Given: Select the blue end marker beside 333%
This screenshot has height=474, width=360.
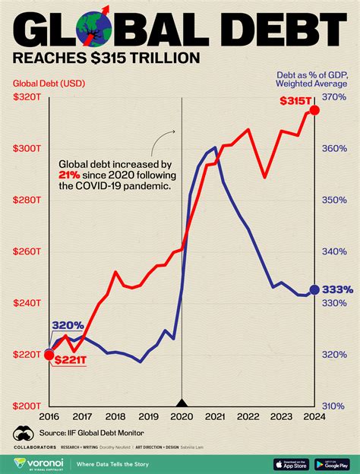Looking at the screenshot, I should coord(315,289).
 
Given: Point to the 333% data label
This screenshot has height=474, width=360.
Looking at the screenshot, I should coord(337,289).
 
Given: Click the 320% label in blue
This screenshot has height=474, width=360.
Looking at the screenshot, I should coord(68,326).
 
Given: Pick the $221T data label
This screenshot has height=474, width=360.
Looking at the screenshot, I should coord(70,359).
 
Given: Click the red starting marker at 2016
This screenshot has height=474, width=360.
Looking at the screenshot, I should coord(49,354).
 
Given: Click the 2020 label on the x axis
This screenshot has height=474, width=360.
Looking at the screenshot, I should coord(181,416).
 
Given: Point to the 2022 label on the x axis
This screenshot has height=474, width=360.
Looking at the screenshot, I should coord(248,416).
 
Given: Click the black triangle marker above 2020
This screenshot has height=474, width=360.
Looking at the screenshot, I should coord(182,403).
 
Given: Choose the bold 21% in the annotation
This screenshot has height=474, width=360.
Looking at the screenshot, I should coord(68,175).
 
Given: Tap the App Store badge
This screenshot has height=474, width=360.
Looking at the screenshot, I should coord(289,463).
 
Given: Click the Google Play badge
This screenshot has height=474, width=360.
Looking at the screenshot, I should coord(331,463).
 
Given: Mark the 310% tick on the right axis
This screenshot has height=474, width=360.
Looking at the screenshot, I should coord(333,406).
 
